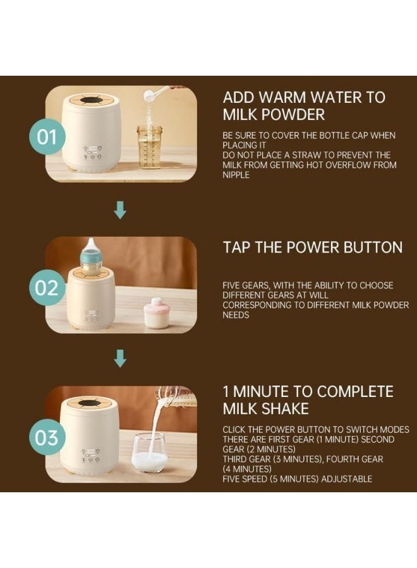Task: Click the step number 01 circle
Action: [47, 136]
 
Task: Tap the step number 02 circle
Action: [47, 288]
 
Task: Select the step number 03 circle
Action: [47, 437]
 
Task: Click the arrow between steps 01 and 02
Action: [120, 210]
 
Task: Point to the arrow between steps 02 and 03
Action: [120, 358]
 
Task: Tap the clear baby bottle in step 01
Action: [149, 146]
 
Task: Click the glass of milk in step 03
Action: [149, 453]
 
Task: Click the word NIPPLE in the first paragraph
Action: [236, 175]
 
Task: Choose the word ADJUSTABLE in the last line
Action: [347, 479]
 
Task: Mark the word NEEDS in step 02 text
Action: [236, 315]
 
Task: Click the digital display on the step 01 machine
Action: [92, 148]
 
